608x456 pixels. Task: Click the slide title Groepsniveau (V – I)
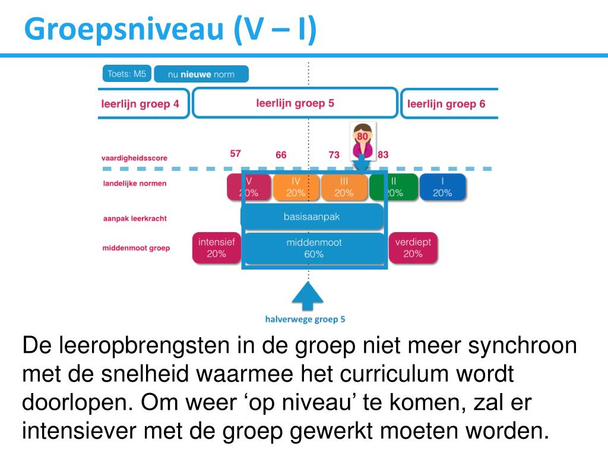pos(170,29)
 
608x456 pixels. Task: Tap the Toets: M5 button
pos(125,74)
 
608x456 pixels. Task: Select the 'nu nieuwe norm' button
pos(201,74)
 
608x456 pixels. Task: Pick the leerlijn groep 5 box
pos(295,103)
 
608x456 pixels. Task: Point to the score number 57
pos(236,153)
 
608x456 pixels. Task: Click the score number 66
pos(281,155)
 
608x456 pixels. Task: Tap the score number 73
pos(334,155)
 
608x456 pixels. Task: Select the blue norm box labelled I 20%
pos(442,187)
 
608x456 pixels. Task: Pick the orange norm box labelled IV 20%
pos(296,187)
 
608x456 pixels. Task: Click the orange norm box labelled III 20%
pos(344,187)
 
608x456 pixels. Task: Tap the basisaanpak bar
pos(312,217)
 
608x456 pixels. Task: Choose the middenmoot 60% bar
pos(314,248)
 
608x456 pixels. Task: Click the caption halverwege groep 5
pos(305,319)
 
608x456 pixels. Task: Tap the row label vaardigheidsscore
pos(134,159)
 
